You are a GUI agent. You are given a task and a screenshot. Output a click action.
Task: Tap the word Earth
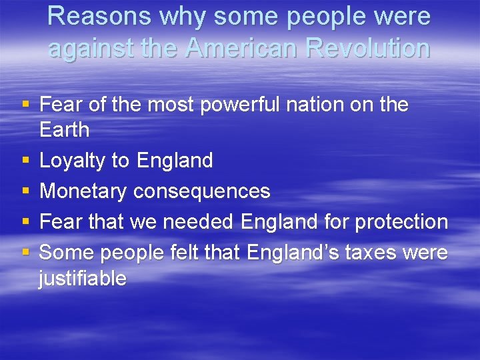coord(64,130)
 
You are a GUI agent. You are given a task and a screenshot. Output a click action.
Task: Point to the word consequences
coord(201,191)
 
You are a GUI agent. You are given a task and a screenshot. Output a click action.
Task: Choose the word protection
coord(401,222)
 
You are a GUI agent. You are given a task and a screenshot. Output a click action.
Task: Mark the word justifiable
coord(83,278)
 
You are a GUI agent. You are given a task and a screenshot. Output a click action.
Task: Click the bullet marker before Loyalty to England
coord(25,161)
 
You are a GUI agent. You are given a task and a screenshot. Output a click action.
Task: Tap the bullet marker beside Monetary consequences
coord(25,192)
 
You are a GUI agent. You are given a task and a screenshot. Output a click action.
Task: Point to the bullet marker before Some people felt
coord(25,253)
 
